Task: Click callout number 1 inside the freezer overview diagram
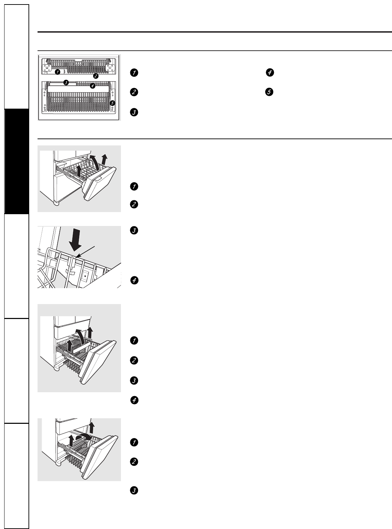coord(57,72)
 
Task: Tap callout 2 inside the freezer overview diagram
coord(96,76)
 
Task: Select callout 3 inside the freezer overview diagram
coord(66,83)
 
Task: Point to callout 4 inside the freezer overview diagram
coord(92,86)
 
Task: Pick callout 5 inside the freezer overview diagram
coord(112,103)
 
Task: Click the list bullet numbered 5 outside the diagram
coord(269,92)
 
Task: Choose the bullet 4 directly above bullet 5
coord(270,72)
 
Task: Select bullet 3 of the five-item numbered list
coord(134,112)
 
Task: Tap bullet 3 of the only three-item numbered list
coord(134,490)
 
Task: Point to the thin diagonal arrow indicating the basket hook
coord(85,252)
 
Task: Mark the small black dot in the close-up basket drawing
coord(85,276)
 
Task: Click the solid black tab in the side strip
coord(17,161)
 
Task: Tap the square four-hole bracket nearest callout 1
coord(47,68)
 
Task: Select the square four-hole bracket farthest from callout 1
coord(110,68)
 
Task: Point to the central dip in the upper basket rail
coord(78,64)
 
